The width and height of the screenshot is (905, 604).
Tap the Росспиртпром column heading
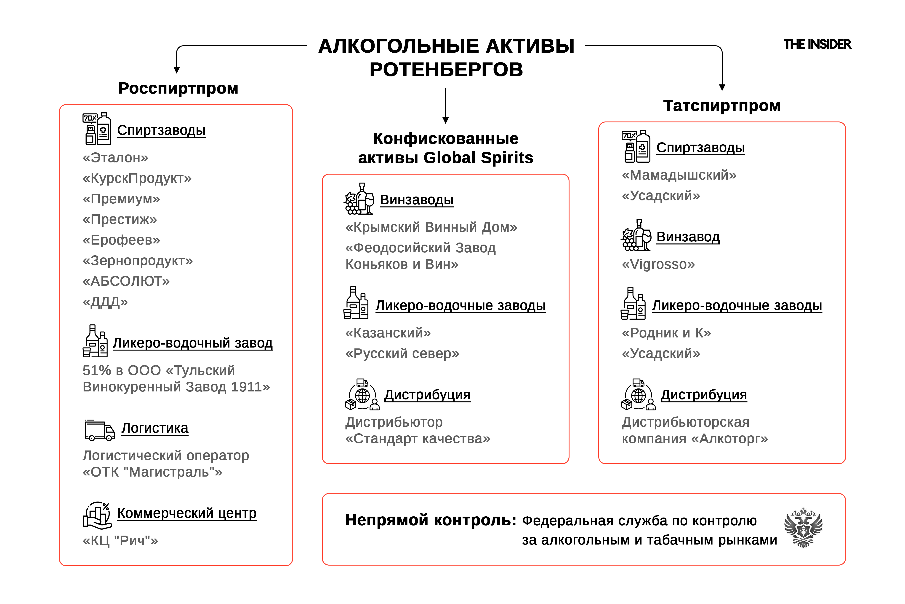click(178, 88)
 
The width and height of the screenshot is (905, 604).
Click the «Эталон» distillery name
click(115, 158)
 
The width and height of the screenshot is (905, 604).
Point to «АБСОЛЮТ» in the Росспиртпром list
click(126, 281)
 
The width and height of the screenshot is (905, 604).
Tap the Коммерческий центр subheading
click(187, 513)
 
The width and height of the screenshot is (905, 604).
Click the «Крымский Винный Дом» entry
click(431, 227)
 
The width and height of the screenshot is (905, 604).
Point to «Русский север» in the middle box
click(402, 353)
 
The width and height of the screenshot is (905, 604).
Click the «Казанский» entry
click(388, 333)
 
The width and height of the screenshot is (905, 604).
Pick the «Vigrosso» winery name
click(658, 264)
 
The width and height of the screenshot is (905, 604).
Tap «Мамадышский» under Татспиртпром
click(679, 175)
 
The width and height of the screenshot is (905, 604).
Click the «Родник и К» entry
click(666, 333)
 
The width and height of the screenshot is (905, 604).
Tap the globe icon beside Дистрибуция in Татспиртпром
click(638, 395)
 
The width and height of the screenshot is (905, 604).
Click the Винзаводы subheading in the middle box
click(417, 200)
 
